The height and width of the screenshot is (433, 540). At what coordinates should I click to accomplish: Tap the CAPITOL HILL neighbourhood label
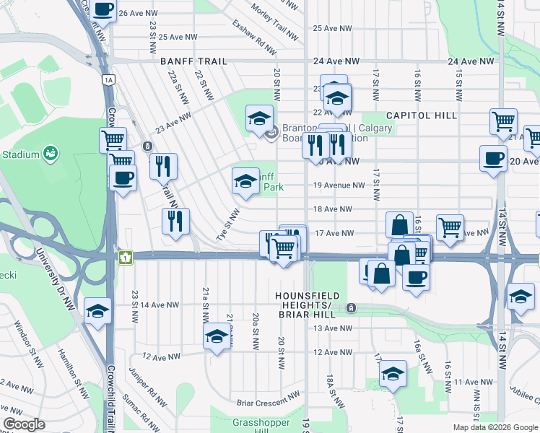(x=422, y=115)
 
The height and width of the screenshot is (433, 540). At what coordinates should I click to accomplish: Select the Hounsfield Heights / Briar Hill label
(x=310, y=302)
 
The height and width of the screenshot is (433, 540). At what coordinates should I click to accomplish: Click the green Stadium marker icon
(x=50, y=153)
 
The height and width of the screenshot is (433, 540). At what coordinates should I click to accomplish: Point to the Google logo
(x=24, y=424)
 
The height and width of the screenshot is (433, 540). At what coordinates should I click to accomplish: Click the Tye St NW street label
(x=228, y=225)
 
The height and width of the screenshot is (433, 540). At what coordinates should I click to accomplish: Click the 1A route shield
(x=108, y=79)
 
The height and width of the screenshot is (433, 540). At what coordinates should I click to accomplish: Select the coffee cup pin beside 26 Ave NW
(x=103, y=10)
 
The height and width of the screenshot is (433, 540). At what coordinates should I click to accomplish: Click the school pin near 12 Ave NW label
(x=217, y=336)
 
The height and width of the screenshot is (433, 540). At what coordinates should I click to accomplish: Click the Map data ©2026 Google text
(x=495, y=427)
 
